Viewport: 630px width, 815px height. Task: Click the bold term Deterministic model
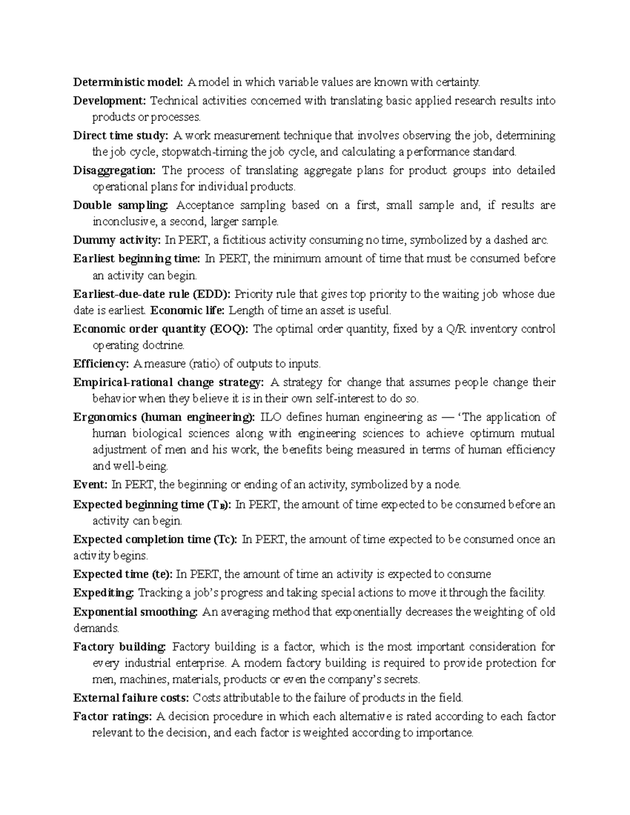pos(128,82)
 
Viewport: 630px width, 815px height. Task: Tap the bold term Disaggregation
pos(114,170)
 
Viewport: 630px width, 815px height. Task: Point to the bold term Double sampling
pos(121,205)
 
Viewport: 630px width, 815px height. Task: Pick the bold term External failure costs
pos(131,698)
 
